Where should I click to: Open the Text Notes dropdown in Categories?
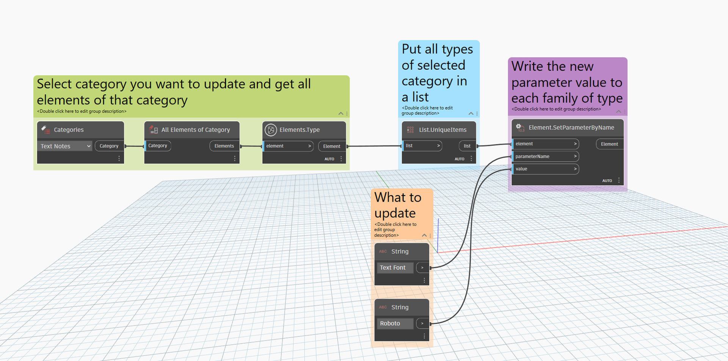(64, 146)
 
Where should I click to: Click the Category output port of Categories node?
(109, 146)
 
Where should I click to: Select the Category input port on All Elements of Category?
(158, 146)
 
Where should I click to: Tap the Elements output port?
(224, 146)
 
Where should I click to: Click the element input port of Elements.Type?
(288, 146)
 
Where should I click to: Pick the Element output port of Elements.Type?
(332, 146)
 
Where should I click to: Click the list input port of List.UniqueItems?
(422, 146)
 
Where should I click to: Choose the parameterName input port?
(546, 156)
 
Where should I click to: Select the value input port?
(546, 169)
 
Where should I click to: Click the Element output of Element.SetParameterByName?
(609, 144)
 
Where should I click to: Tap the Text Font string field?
(395, 267)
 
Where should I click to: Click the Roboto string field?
(395, 323)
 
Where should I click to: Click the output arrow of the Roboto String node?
(422, 323)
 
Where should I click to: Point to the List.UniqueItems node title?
(442, 130)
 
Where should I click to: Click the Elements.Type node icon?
(271, 130)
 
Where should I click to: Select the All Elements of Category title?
(196, 130)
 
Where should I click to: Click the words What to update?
(398, 205)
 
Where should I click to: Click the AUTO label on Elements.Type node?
(329, 159)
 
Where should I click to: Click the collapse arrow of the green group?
(341, 113)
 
